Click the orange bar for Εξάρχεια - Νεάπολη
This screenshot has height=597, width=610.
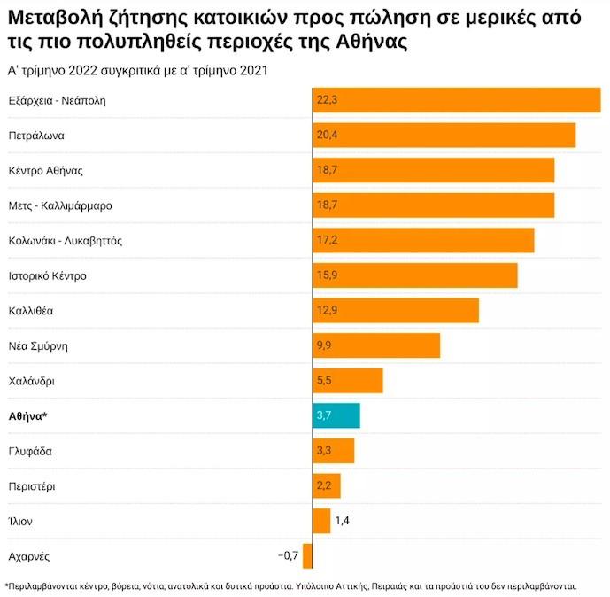[x=456, y=100]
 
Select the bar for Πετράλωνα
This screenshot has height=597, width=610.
[x=444, y=136]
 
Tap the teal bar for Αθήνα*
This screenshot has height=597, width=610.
[x=336, y=415]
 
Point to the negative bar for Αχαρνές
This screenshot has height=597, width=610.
[x=307, y=555]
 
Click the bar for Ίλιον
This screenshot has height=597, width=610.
[x=321, y=521]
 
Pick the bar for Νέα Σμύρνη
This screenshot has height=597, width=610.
[x=376, y=345]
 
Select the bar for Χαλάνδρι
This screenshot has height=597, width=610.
[x=347, y=381]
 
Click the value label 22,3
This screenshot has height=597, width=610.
[x=327, y=100]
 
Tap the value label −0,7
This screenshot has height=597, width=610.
[x=289, y=555]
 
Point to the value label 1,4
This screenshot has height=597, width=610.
[x=343, y=521]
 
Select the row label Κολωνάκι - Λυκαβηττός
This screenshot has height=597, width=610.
[x=65, y=240]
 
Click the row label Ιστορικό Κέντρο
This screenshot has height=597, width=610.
[x=47, y=275]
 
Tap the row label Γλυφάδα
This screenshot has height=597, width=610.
[x=30, y=451]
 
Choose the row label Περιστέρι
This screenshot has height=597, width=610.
[x=33, y=485]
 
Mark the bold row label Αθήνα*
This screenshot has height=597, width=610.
[x=27, y=415]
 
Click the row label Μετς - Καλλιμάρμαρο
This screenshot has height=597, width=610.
[x=60, y=205]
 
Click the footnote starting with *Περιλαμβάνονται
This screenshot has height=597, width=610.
[x=291, y=585]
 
